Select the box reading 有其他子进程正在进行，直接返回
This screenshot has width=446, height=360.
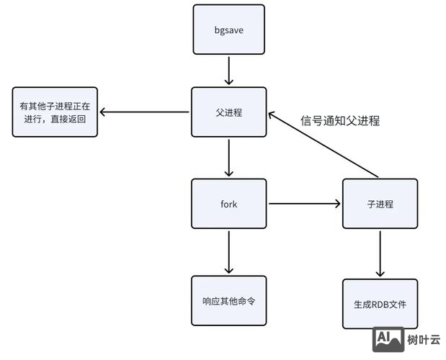[54, 112]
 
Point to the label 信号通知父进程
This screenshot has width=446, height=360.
[339, 121]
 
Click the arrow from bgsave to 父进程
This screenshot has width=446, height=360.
[228, 71]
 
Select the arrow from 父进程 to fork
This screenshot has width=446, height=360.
[228, 158]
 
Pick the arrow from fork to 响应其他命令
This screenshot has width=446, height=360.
[228, 252]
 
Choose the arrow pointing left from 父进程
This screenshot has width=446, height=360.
[145, 112]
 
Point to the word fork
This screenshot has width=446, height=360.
[228, 204]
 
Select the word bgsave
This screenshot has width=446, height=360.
[228, 30]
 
